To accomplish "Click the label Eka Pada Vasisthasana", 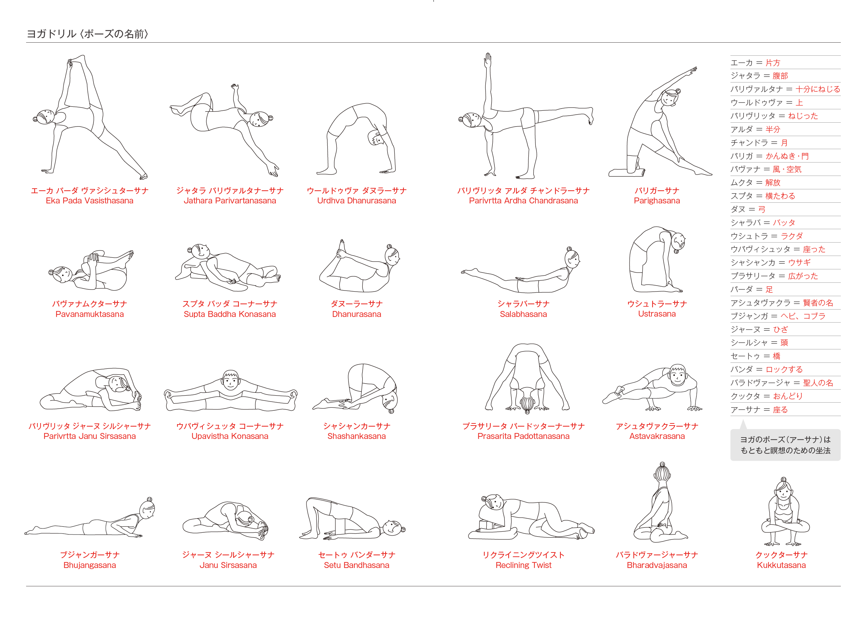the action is tap(90, 201).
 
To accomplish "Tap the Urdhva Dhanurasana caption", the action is tap(356, 201).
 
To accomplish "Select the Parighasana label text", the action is tap(657, 201).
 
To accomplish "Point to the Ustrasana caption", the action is tap(657, 314).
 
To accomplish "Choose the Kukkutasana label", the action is tap(781, 565).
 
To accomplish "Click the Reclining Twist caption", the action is tap(523, 565).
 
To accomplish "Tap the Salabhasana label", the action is tap(523, 314).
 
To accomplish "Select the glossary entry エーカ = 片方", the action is tap(755, 63).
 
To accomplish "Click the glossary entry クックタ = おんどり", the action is tap(766, 396).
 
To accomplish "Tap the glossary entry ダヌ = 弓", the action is tap(748, 209).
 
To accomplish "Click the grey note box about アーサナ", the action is tap(785, 445).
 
